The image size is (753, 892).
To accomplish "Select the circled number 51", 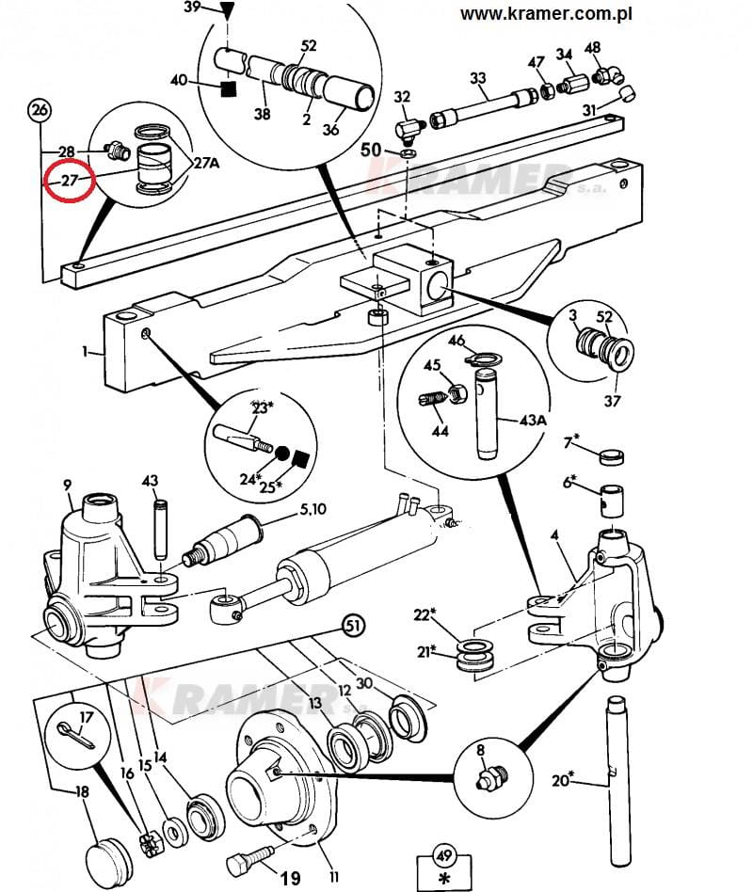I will [353, 624].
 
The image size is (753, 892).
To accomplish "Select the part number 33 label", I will [478, 78].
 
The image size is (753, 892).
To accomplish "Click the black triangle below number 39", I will [225, 11].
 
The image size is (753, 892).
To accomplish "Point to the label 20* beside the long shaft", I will [561, 780].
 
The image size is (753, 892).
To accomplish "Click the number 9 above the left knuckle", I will [68, 485].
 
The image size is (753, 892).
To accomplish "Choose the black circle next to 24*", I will [280, 455].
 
